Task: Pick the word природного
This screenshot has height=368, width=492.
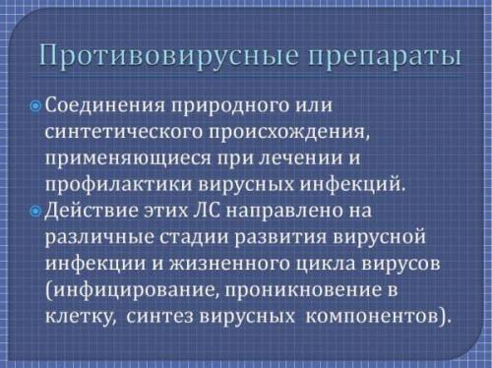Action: click(x=219, y=105)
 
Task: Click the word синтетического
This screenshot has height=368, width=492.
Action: click(x=117, y=132)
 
